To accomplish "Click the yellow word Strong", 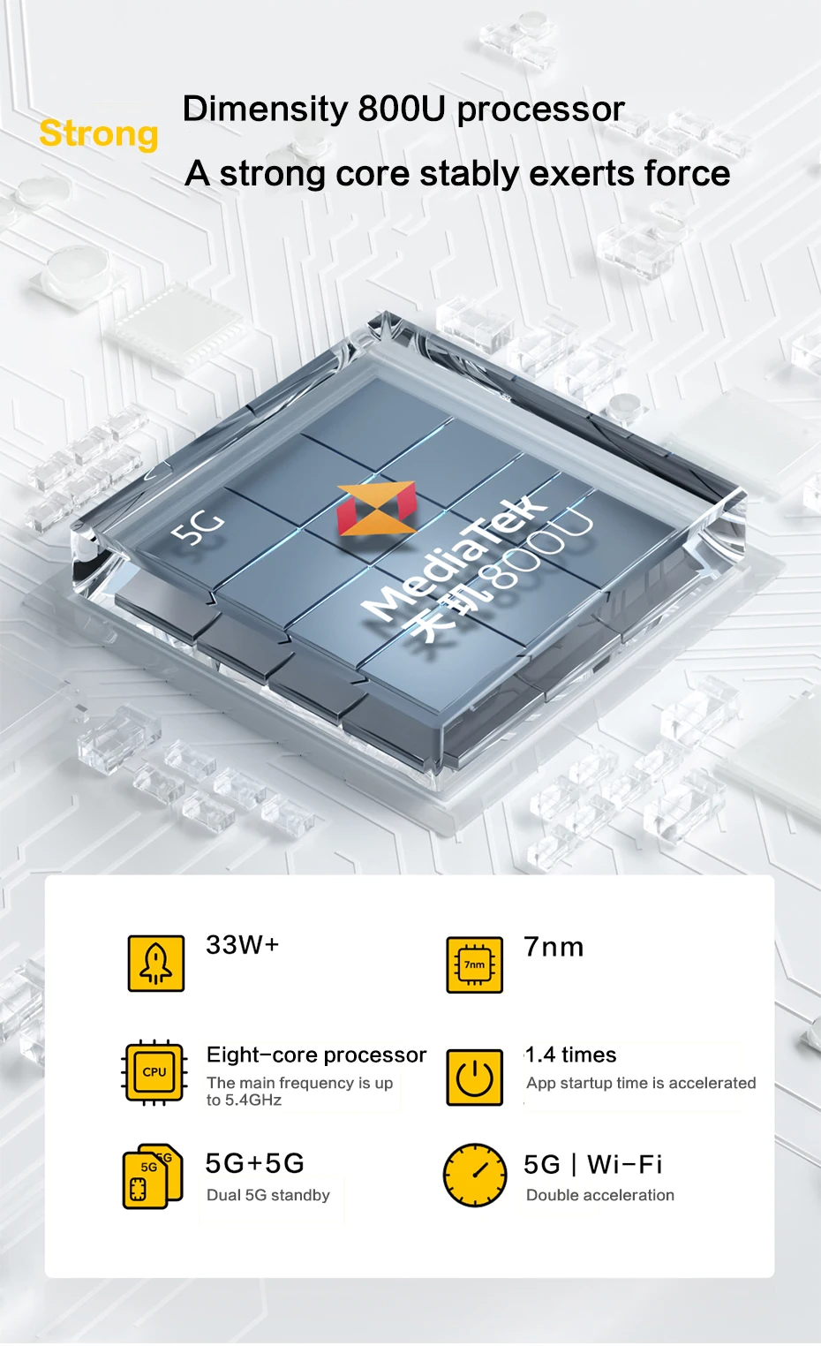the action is click(x=99, y=134).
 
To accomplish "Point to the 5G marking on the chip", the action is click(x=198, y=527).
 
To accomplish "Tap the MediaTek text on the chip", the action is click(x=455, y=556).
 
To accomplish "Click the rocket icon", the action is click(x=156, y=964).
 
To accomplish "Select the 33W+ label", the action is click(x=243, y=945).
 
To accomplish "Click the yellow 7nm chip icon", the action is click(x=475, y=964).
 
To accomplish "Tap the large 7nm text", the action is click(x=554, y=948).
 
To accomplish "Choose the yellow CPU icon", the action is click(x=154, y=1072).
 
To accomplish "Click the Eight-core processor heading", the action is click(x=316, y=1055).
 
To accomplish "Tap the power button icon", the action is click(x=475, y=1077).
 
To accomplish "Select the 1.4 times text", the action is click(x=571, y=1055).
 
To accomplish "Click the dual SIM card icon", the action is click(x=152, y=1176).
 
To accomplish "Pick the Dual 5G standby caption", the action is click(x=268, y=1195).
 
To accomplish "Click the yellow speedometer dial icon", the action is click(x=475, y=1176).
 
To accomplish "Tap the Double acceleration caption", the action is click(x=600, y=1195).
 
